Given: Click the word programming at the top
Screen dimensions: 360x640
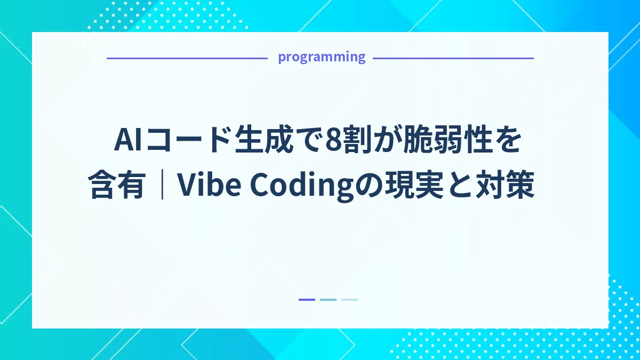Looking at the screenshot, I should (321, 57).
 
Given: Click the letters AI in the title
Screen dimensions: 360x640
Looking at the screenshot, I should (129, 141).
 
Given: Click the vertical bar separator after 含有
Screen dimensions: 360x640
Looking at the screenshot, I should (161, 186).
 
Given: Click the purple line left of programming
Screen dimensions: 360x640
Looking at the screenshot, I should (187, 58).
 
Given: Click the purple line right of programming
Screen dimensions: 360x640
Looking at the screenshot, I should (453, 58).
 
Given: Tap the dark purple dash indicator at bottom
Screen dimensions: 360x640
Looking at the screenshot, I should (307, 300).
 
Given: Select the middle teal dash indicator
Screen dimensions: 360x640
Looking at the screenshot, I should (328, 300).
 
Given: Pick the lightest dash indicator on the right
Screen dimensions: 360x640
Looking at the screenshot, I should (349, 300).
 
